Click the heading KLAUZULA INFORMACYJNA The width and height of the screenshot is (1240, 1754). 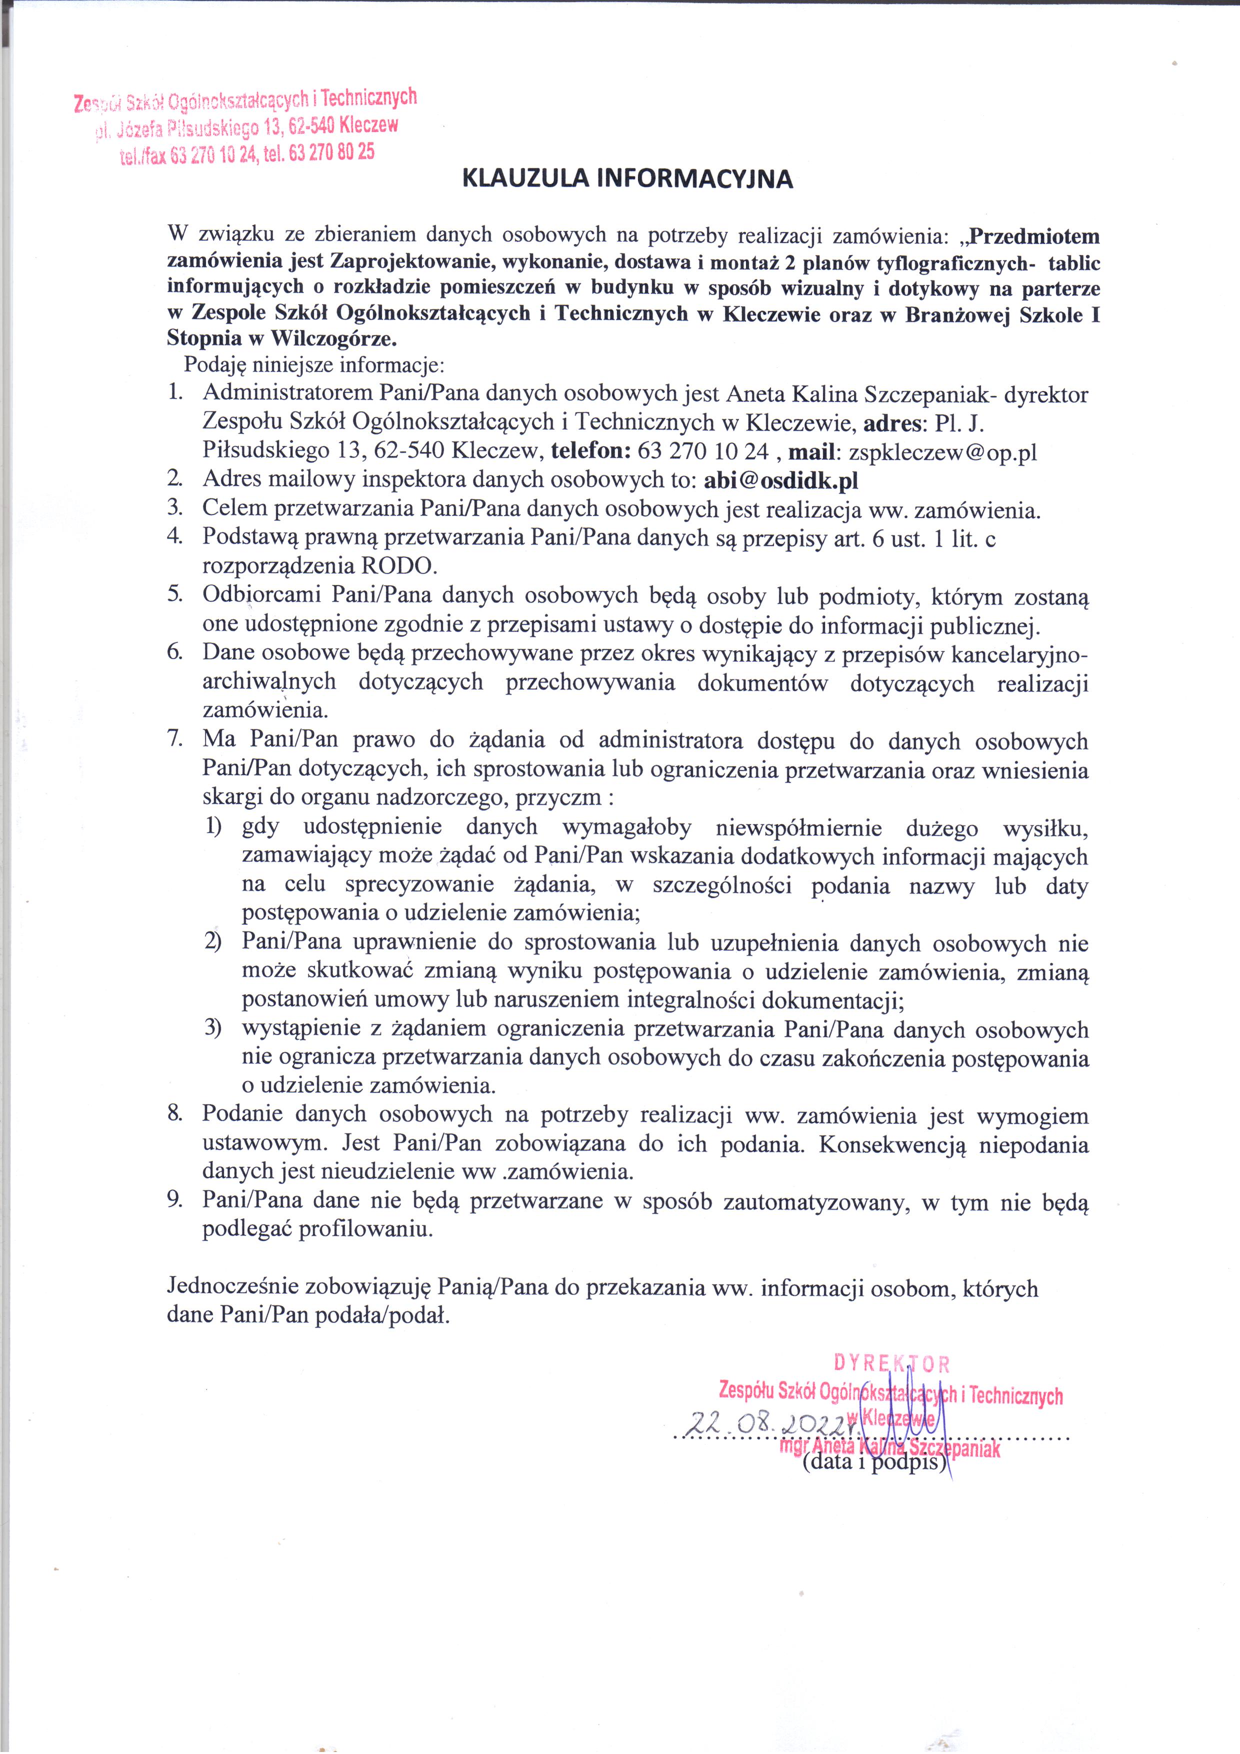[x=628, y=179]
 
